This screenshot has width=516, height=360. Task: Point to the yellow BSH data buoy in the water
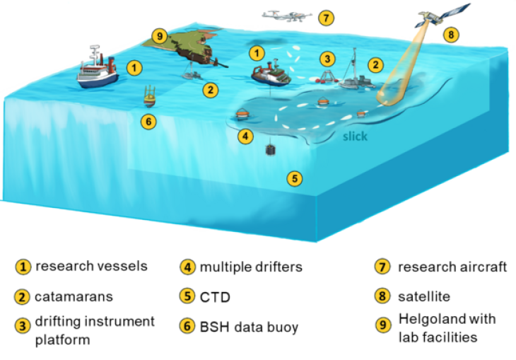(x=149, y=96)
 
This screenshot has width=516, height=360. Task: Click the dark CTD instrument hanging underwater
(x=270, y=150)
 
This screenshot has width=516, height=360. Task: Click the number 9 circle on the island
(x=160, y=35)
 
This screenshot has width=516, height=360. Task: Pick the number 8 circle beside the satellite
(x=450, y=33)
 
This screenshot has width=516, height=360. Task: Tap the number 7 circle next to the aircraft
(x=325, y=17)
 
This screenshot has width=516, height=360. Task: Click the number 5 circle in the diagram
(x=295, y=178)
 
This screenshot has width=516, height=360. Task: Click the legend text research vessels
(x=91, y=266)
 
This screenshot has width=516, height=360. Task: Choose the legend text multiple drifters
(x=251, y=267)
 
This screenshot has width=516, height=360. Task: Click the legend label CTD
(x=211, y=296)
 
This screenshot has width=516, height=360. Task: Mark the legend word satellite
(x=423, y=296)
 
